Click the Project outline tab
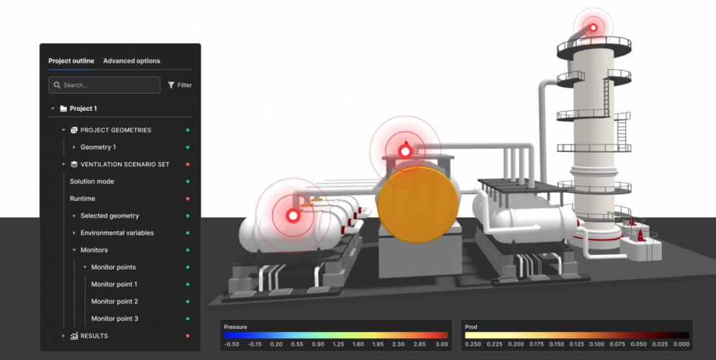click(x=71, y=60)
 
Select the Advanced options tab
click(x=132, y=60)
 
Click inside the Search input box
click(x=108, y=85)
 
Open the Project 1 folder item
click(x=83, y=109)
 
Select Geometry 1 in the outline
click(x=98, y=147)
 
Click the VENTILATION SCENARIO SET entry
click(x=124, y=164)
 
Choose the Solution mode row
click(x=92, y=181)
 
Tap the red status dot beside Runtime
click(x=188, y=199)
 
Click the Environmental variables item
click(x=117, y=233)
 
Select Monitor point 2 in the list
click(x=114, y=302)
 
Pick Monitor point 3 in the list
click(x=114, y=319)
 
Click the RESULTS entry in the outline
click(x=94, y=336)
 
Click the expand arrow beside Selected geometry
click(x=73, y=216)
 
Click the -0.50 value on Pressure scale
click(x=232, y=344)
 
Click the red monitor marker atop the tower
click(x=594, y=27)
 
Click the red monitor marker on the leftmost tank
click(x=293, y=215)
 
